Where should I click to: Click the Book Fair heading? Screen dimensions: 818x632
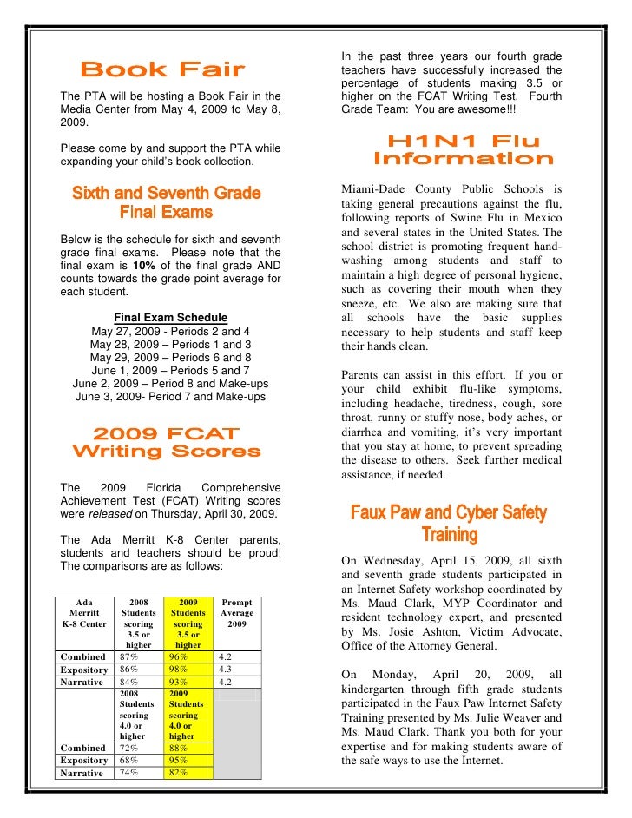pyautogui.click(x=162, y=69)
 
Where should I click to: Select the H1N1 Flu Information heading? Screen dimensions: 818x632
pyautogui.click(x=463, y=150)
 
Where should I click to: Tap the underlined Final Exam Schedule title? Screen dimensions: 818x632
pyautogui.click(x=170, y=318)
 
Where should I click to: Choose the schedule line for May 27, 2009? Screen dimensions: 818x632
pyautogui.click(x=170, y=332)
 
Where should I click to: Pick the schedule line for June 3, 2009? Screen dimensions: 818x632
pyautogui.click(x=170, y=397)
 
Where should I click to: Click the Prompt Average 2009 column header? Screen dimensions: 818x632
pyautogui.click(x=237, y=612)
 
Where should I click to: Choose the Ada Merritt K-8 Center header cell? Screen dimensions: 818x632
pyautogui.click(x=83, y=612)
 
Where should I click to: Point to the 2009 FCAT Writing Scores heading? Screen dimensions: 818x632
pyautogui.click(x=165, y=442)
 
